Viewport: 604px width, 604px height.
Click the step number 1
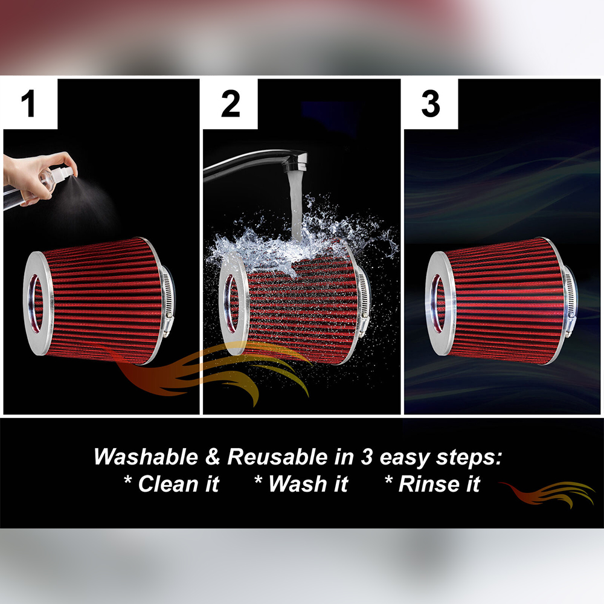pyautogui.click(x=28, y=104)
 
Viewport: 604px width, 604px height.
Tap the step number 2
pyautogui.click(x=230, y=104)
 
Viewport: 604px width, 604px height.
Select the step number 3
pyautogui.click(x=430, y=104)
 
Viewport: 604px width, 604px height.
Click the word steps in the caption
pyautogui.click(x=465, y=458)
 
